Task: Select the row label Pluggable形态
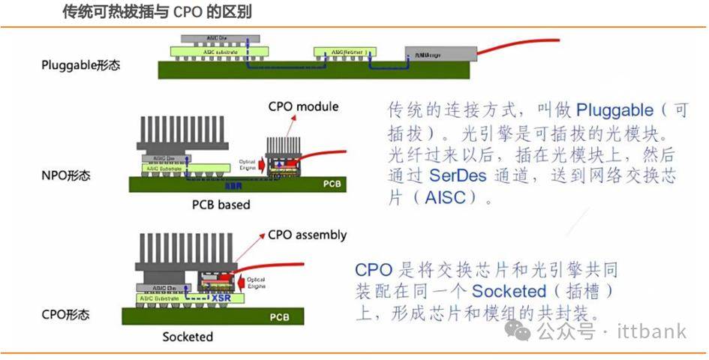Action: click(x=80, y=65)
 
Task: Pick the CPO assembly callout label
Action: click(x=307, y=235)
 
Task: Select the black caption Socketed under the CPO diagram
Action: click(x=188, y=337)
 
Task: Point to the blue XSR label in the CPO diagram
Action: click(x=221, y=298)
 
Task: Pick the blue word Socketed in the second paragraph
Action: click(x=508, y=291)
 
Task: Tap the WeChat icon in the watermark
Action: click(x=518, y=331)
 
